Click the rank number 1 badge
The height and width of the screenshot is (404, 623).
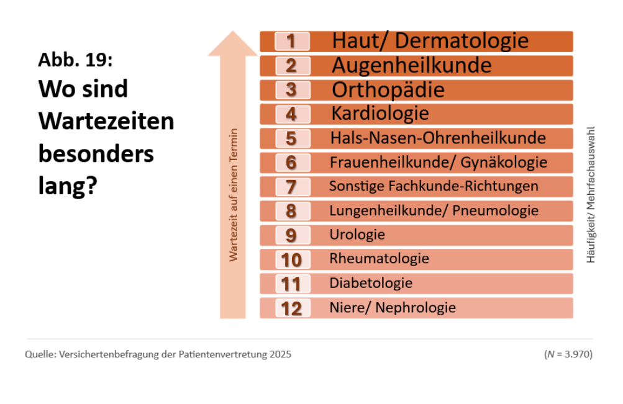click(291, 42)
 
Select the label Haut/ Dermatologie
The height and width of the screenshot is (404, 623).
click(430, 41)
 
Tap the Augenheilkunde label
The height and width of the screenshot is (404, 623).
click(411, 65)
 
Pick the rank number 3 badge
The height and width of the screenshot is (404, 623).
click(291, 90)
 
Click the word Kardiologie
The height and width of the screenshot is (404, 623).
click(380, 114)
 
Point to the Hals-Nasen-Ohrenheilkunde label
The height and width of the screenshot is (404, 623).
click(438, 138)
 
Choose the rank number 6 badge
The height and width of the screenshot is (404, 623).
click(291, 163)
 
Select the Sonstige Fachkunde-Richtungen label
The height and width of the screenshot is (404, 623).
click(434, 186)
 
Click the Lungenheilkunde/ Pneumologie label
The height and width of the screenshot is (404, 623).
click(434, 211)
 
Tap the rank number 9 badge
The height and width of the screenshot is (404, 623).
click(291, 235)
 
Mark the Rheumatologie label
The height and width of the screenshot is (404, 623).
click(379, 258)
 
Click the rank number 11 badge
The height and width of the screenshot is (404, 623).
click(291, 284)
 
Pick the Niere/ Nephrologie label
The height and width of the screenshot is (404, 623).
click(393, 308)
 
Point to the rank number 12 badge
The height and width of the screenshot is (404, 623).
click(291, 308)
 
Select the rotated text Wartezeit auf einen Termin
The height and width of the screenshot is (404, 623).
click(234, 195)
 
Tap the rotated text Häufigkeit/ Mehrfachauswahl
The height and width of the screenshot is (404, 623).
click(591, 195)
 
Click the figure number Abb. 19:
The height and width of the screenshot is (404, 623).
click(75, 60)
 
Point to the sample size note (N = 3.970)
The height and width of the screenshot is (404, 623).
click(568, 355)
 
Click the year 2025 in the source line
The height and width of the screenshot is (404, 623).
click(280, 355)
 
